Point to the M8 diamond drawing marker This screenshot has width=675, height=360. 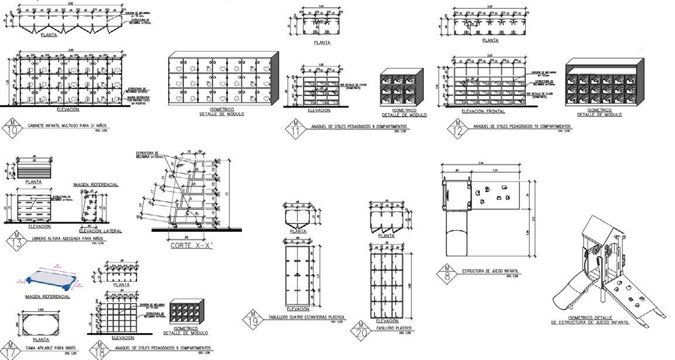447,273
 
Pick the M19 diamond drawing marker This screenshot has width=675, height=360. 252,320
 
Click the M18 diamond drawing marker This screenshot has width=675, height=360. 99,349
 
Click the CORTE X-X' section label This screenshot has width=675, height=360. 190,246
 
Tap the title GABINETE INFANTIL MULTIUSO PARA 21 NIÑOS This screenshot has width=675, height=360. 66,126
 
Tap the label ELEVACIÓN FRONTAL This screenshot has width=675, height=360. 483,111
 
